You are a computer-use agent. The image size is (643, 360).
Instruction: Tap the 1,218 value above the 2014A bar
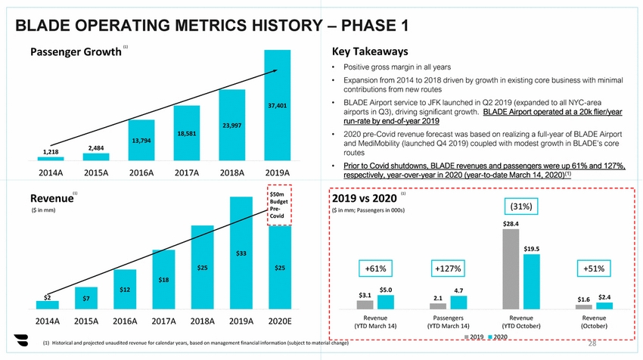pyautogui.click(x=50, y=152)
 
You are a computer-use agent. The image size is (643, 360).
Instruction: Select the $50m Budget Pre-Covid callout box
pyautogui.click(x=278, y=205)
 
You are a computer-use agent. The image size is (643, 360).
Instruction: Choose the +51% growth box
pyautogui.click(x=594, y=268)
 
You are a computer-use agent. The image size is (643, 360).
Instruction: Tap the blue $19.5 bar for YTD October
pyautogui.click(x=532, y=281)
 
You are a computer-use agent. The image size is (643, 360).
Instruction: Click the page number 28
pyautogui.click(x=592, y=344)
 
